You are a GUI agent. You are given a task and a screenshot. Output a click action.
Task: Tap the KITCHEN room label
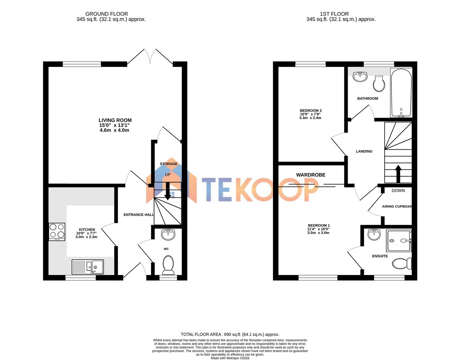pyautogui.click(x=87, y=230)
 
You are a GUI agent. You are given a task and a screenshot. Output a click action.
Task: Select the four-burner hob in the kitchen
pyautogui.click(x=57, y=232)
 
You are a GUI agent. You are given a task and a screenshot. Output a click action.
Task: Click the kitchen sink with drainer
pyautogui.click(x=88, y=267)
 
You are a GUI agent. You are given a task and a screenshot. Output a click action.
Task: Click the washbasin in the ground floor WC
pyautogui.click(x=168, y=235)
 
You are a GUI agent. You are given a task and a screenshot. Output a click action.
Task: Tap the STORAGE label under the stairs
pyautogui.click(x=169, y=164)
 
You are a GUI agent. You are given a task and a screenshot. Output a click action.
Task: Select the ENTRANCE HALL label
pyautogui.click(x=139, y=215)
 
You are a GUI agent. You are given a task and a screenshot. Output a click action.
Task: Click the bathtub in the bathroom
pyautogui.click(x=401, y=93)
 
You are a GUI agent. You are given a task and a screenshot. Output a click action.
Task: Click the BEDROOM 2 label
pyautogui.click(x=311, y=111)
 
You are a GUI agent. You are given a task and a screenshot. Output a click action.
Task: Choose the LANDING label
pyautogui.click(x=364, y=151)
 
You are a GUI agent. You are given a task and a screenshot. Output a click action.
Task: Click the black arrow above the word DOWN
pyautogui.click(x=398, y=173)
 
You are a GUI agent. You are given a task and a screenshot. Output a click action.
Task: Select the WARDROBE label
pyautogui.click(x=311, y=175)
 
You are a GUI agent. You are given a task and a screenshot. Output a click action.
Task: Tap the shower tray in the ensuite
pyautogui.click(x=399, y=241)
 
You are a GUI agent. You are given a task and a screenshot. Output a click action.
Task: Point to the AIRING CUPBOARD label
pyautogui.click(x=397, y=207)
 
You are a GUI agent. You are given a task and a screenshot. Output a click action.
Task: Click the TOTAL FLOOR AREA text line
pyautogui.click(x=230, y=334)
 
